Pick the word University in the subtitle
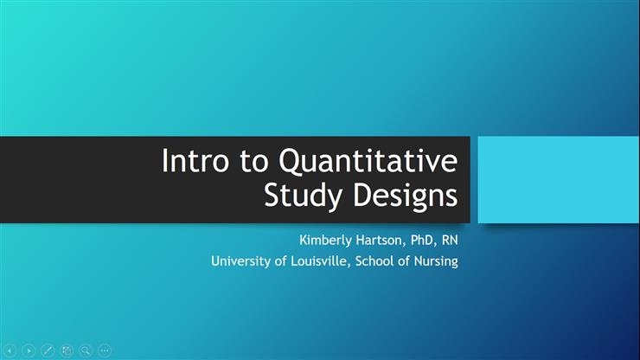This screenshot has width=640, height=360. pos(240,260)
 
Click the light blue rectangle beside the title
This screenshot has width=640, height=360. pos(558,180)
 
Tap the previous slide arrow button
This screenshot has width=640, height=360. pos(11,350)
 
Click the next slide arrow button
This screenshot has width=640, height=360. pos(29,350)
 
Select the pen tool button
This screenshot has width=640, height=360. pos(48,350)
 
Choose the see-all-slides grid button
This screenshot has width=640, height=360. pos(67,350)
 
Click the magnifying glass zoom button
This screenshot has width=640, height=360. pos(86,350)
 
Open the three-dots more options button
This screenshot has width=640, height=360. pos(105,350)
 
